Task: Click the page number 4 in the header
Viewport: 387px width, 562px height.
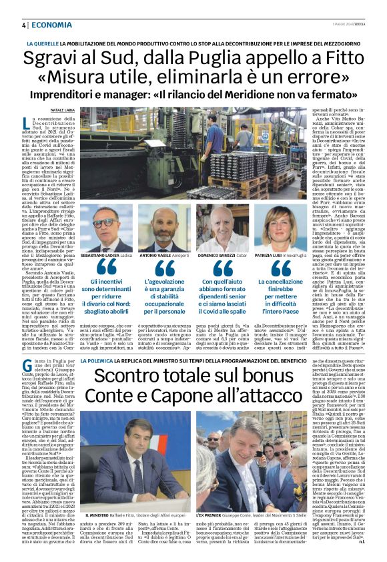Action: tap(23, 25)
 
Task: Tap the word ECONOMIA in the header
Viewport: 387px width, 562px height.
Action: tap(51, 25)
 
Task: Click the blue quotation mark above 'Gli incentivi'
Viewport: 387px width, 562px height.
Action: tap(105, 269)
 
